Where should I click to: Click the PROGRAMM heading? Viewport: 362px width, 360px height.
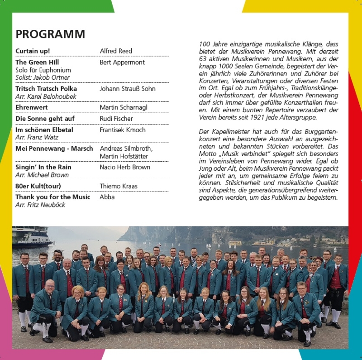50,34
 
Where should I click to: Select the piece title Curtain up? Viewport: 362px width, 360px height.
33,51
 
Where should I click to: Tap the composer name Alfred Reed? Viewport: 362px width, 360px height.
116,51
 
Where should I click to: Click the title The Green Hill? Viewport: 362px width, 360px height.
37,62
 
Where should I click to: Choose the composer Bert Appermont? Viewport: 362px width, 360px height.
122,62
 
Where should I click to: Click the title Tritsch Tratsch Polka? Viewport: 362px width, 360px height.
46,89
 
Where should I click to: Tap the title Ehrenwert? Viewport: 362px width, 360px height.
32,107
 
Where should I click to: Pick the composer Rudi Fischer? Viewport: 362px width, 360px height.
116,119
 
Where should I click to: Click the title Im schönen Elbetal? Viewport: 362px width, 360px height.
44,130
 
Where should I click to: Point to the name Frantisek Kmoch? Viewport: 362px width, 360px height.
123,130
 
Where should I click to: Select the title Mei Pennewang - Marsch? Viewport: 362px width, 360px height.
54,149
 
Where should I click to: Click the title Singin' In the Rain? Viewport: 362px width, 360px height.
43,167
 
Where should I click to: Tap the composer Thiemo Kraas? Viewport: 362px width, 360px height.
119,186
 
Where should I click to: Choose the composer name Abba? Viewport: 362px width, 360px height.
107,197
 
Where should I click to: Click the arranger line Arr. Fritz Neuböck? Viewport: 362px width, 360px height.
40,205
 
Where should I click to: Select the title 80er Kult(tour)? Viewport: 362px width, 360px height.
38,186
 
